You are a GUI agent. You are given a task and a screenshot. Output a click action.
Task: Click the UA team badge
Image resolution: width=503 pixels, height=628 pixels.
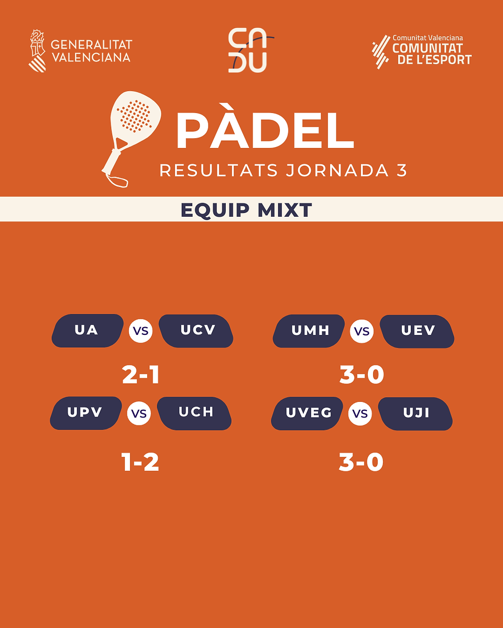[88, 331]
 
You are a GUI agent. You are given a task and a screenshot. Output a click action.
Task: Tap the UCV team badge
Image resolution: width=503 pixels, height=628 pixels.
[196, 331]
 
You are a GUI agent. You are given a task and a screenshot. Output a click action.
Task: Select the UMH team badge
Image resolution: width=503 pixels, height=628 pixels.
[309, 331]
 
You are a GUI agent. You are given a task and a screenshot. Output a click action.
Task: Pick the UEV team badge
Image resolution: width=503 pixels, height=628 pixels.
[417, 331]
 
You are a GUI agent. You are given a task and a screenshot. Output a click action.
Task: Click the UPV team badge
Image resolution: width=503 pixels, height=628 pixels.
[85, 413]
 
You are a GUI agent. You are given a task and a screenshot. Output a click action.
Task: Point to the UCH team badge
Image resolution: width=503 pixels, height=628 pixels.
[194, 413]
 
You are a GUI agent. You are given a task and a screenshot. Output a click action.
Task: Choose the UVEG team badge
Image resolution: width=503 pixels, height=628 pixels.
[307, 413]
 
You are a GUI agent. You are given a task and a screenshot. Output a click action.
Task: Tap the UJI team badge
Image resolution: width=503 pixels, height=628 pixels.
[415, 414]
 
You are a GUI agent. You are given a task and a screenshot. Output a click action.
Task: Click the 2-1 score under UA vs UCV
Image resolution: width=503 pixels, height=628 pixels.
[140, 375]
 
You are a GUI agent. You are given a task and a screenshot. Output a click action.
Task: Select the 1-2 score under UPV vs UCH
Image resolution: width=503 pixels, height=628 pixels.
[140, 462]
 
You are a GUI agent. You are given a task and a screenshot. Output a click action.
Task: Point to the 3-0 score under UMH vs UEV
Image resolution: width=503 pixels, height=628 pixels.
[362, 375]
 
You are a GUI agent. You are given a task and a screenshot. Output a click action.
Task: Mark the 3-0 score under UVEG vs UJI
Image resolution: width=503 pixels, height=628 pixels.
[361, 462]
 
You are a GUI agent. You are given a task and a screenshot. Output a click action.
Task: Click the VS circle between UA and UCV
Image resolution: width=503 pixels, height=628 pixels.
[140, 331]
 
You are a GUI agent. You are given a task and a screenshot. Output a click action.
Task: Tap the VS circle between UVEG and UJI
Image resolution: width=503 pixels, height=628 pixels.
[360, 413]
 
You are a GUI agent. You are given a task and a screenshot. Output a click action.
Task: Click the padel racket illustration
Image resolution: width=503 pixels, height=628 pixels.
[131, 139]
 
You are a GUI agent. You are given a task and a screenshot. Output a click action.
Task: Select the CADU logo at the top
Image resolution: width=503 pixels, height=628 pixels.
[251, 50]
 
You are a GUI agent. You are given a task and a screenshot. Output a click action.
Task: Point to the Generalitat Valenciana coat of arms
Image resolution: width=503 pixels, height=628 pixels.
[37, 51]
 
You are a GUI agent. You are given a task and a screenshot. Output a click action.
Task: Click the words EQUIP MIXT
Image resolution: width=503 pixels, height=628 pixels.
[246, 210]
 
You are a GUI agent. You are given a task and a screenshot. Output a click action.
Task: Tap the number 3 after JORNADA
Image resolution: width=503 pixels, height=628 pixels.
[402, 171]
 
